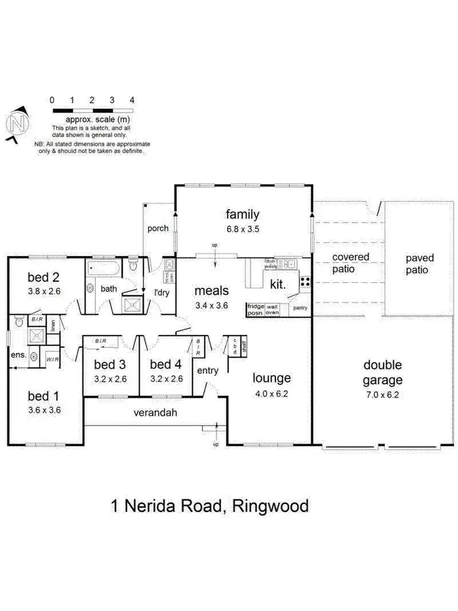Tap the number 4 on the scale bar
click(132, 100)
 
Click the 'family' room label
click(242, 214)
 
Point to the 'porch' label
click(158, 229)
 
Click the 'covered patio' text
click(351, 263)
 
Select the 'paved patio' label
click(420, 264)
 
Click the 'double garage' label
click(383, 372)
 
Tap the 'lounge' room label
click(272, 378)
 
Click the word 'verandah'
click(156, 413)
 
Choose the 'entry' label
click(207, 370)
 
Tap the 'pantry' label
click(300, 308)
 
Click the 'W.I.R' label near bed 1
click(53, 359)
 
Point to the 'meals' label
click(211, 291)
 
